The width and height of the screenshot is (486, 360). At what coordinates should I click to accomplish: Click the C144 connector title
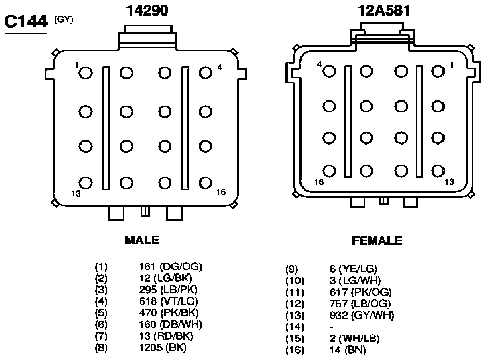click(x=26, y=21)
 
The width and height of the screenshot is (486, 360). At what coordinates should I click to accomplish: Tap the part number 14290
click(x=147, y=10)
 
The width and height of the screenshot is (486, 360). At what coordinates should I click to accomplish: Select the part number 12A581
click(x=384, y=10)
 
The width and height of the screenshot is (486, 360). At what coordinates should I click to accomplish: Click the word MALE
click(x=142, y=240)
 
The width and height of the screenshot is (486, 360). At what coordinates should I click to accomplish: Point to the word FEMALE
click(x=377, y=241)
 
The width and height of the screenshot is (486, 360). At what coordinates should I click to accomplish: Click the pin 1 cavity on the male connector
click(x=85, y=74)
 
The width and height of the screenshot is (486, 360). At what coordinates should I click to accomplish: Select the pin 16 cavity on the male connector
click(x=206, y=183)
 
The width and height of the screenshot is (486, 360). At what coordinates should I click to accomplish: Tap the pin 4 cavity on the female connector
click(x=329, y=71)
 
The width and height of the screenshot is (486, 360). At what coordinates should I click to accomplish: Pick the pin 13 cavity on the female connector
click(x=438, y=171)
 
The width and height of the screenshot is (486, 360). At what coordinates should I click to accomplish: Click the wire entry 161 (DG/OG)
click(x=170, y=266)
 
